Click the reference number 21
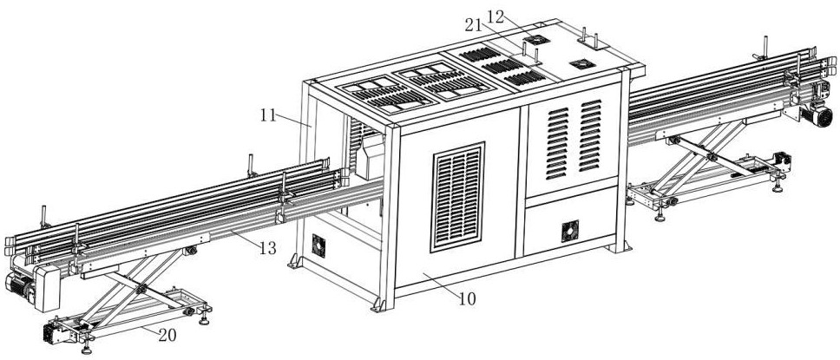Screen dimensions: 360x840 point(474,26)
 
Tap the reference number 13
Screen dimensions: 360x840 point(267,248)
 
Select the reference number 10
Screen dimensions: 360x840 point(467,299)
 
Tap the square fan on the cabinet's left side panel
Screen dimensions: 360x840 point(318,246)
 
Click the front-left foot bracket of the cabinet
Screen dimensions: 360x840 point(378,304)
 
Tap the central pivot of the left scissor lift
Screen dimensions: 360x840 point(141,288)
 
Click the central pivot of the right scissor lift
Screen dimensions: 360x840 point(711,157)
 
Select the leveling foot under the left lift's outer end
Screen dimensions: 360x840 point(87,350)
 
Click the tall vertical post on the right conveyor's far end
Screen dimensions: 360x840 point(765,47)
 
